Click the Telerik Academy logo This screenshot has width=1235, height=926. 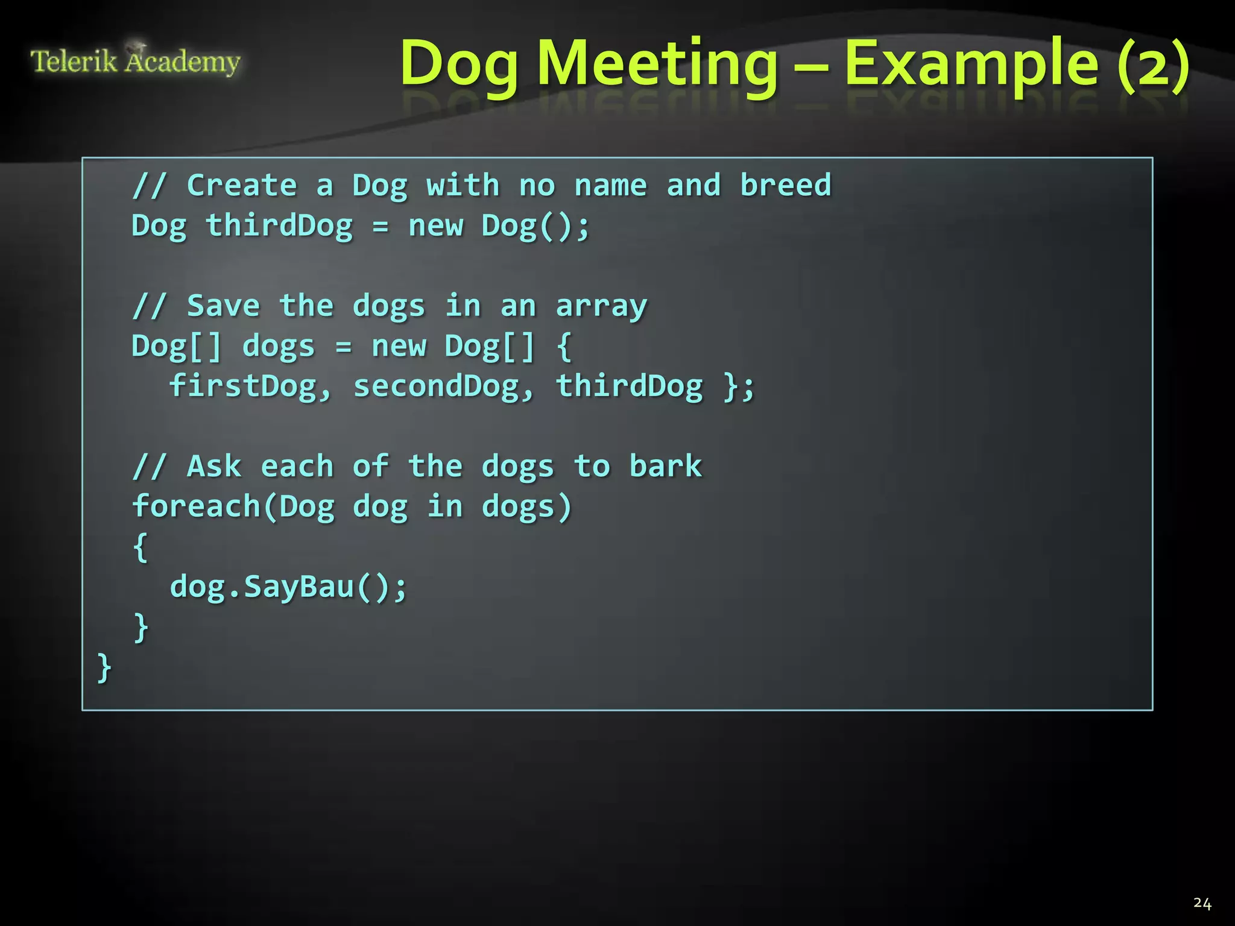point(135,61)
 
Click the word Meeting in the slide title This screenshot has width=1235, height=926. point(657,64)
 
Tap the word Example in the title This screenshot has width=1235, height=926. point(971,64)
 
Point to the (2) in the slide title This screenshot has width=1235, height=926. point(1153,64)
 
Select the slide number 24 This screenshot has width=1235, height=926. point(1202,903)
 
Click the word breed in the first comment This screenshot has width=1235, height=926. point(785,185)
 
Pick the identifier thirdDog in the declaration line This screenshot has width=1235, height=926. point(279,226)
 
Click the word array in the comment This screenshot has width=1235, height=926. point(601,306)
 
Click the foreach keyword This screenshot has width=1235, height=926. point(196,506)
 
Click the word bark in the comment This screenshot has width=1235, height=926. point(666,466)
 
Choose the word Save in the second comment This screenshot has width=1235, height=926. point(223,306)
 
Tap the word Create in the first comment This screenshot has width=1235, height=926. point(242,185)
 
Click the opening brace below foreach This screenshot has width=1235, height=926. point(140,547)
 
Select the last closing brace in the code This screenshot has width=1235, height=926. point(104,668)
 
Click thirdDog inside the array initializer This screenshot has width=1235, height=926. point(629,386)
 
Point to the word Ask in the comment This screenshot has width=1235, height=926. point(214,466)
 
